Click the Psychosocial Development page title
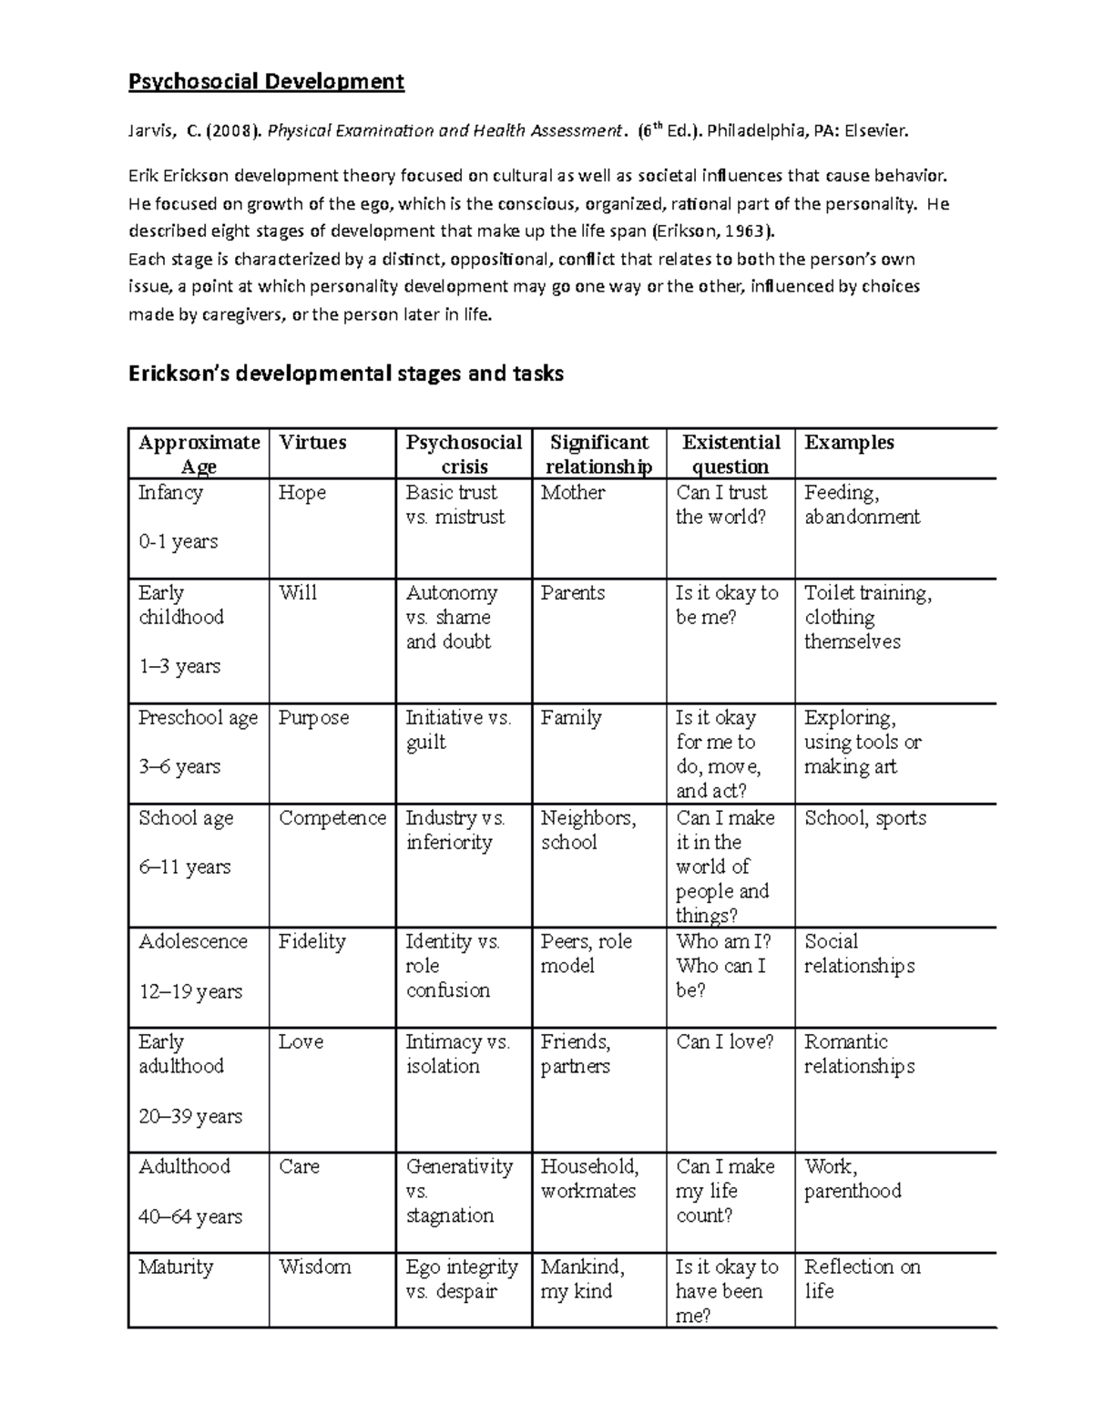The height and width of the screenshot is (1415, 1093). coord(266,82)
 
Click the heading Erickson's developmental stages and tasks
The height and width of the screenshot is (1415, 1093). coord(346,374)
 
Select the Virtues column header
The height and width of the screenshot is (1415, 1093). coord(312,443)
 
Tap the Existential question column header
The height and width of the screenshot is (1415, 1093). coord(730,455)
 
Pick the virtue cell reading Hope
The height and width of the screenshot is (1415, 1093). coord(302,493)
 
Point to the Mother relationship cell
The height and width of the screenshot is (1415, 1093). coord(573,493)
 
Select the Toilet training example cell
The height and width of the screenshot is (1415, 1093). coord(867,617)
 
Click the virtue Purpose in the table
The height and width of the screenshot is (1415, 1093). coord(313,718)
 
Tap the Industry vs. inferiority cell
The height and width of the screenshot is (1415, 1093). coord(455,830)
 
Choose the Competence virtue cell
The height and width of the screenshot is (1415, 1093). coord(332,818)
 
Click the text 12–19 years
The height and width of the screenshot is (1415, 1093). coord(190,991)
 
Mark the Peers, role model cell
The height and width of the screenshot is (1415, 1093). coord(586,953)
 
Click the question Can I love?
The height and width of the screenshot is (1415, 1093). coord(724,1041)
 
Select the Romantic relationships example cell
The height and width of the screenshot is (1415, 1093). coord(859,1054)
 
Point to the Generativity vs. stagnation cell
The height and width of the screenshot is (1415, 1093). coord(459,1191)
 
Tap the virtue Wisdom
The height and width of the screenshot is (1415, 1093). coord(314,1266)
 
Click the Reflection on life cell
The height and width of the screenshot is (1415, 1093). coord(862,1278)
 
